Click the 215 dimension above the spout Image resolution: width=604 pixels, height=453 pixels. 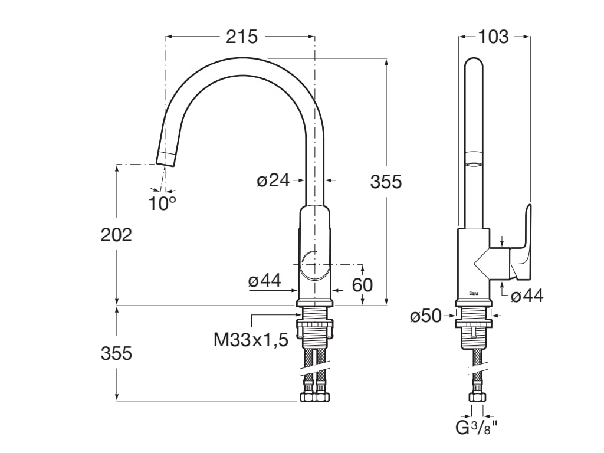coord(242,37)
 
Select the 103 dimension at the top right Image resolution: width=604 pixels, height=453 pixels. coord(493,37)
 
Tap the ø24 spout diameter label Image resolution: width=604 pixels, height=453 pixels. coord(273,180)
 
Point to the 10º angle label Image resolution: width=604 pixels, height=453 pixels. coord(162,203)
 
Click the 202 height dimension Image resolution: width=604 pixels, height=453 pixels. coord(116,235)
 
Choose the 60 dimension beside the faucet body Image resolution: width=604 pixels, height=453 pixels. coord(362,285)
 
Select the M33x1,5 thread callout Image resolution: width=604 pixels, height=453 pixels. coord(251,340)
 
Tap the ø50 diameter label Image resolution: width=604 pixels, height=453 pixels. coord(425,316)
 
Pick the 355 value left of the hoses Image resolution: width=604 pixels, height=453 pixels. coord(116,353)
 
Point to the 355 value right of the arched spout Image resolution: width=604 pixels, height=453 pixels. coord(386,182)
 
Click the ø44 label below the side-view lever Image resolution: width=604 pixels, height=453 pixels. coord(527,296)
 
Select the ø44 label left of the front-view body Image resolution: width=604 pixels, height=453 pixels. coord(264,282)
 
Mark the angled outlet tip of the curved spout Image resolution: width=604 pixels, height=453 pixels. coord(167,156)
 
